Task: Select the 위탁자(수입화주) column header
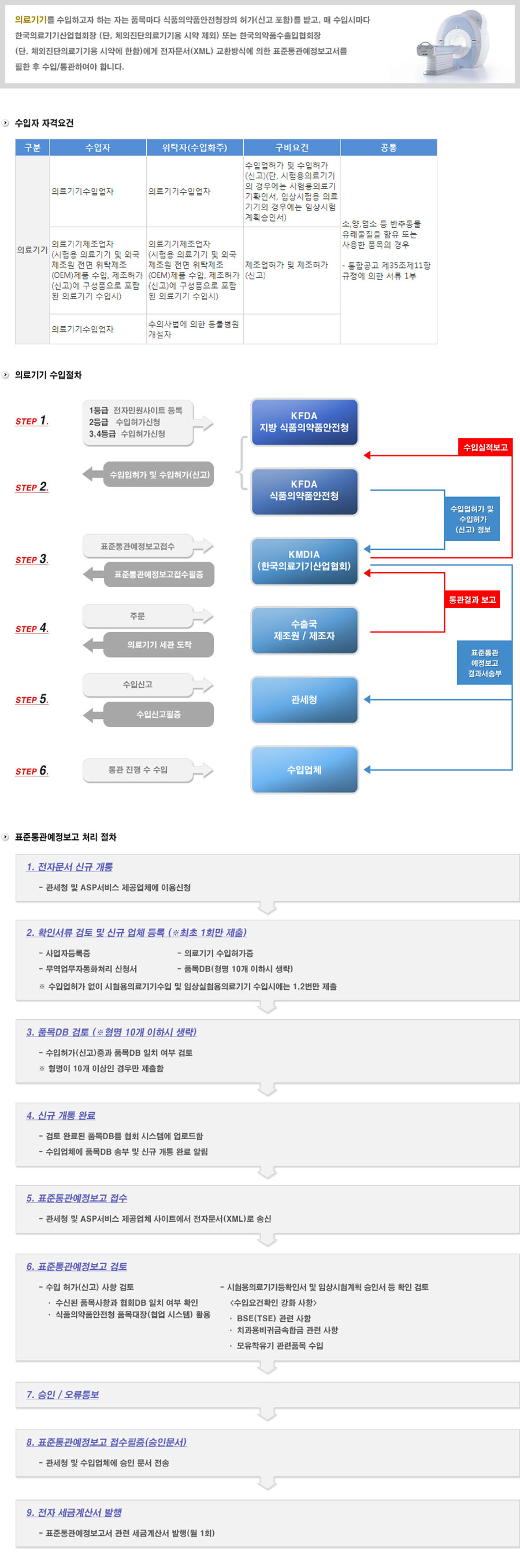194,148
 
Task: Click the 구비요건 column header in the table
291,148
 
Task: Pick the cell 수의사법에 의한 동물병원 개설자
194,329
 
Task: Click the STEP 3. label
32,559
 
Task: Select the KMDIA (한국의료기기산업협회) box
304,561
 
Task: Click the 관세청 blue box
304,699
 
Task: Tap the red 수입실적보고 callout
485,447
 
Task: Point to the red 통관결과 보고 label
471,599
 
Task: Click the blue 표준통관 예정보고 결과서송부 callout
484,663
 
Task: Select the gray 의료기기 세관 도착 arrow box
159,644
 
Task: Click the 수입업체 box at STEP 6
304,769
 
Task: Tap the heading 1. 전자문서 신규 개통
69,867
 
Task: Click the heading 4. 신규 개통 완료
60,1115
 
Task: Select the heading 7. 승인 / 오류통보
62,1394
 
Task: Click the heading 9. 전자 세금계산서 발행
73,1512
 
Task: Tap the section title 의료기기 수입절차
49,375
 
